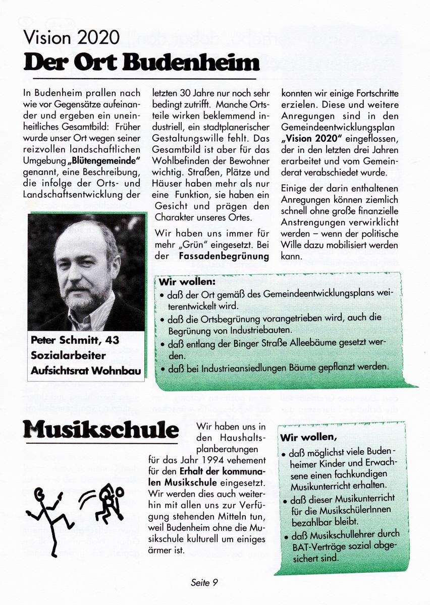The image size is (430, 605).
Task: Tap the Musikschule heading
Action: pyautogui.click(x=100, y=430)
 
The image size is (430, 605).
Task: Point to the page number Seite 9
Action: pyautogui.click(x=204, y=583)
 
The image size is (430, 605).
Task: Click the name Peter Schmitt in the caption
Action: pyautogui.click(x=75, y=340)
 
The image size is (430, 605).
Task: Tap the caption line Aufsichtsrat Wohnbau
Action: pyautogui.click(x=86, y=371)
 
